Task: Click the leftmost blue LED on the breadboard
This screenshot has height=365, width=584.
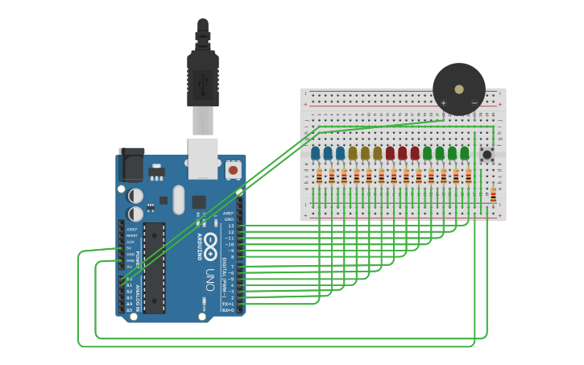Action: tap(316, 152)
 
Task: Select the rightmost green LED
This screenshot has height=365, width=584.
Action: tap(464, 152)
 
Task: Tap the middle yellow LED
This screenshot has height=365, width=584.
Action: tap(365, 152)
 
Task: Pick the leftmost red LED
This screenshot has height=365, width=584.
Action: tap(390, 152)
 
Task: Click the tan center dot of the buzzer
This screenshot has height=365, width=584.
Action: tap(459, 89)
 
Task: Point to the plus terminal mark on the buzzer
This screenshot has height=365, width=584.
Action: tap(443, 103)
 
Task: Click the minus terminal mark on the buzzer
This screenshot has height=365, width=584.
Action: tap(474, 103)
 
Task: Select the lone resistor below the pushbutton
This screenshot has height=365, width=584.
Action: tap(493, 194)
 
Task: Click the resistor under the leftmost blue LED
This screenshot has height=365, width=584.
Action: tap(319, 176)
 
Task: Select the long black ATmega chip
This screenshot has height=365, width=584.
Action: tap(154, 268)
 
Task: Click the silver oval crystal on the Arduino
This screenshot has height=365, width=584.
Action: tap(179, 199)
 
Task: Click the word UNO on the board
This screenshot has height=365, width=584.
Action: tap(210, 280)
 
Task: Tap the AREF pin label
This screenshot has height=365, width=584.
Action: tap(229, 213)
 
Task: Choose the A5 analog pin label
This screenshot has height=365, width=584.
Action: tap(129, 310)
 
